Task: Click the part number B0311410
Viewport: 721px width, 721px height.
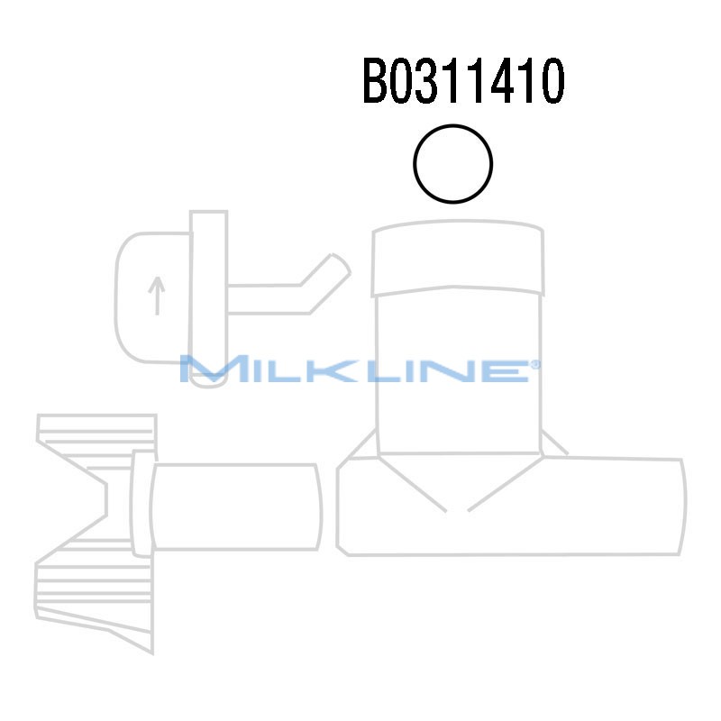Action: point(463,82)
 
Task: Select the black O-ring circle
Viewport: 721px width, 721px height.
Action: point(452,164)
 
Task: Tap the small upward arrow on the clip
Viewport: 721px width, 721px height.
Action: point(158,296)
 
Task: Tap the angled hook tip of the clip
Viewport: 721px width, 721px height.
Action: point(331,268)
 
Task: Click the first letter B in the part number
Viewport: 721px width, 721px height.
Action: point(376,82)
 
